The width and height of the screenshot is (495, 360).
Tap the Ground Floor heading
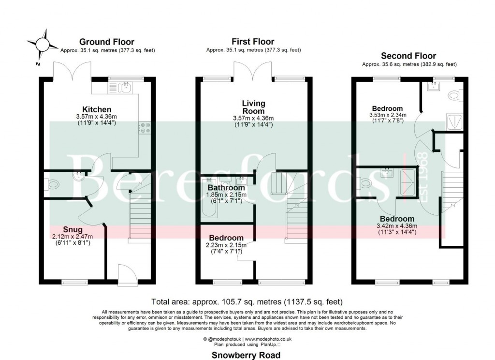[x=107, y=42]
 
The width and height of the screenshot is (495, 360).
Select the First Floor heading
[x=253, y=42]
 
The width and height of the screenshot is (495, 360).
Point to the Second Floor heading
[x=408, y=56]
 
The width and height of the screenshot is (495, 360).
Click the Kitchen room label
[x=97, y=110]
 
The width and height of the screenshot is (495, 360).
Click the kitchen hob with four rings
[x=146, y=127]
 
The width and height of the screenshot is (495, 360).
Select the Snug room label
[x=73, y=229]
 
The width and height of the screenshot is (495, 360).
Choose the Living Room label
[x=253, y=107]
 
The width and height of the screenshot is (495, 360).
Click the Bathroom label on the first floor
[x=226, y=188]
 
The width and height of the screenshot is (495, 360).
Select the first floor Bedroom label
[x=226, y=238]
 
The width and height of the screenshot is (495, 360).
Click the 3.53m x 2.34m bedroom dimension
[x=385, y=115]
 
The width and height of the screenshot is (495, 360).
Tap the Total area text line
[x=247, y=301]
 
